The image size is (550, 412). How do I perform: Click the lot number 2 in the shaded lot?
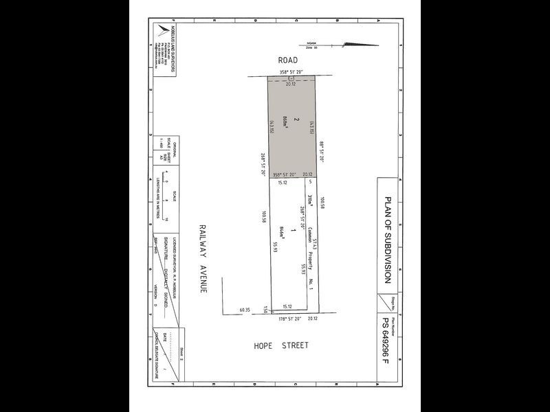pos(296,119)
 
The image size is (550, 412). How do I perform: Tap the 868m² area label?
pos(283,124)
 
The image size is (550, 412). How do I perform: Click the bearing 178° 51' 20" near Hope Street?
pos(291,319)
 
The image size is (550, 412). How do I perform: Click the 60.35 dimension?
pos(245,310)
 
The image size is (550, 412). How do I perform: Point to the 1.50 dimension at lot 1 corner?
pos(265,311)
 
